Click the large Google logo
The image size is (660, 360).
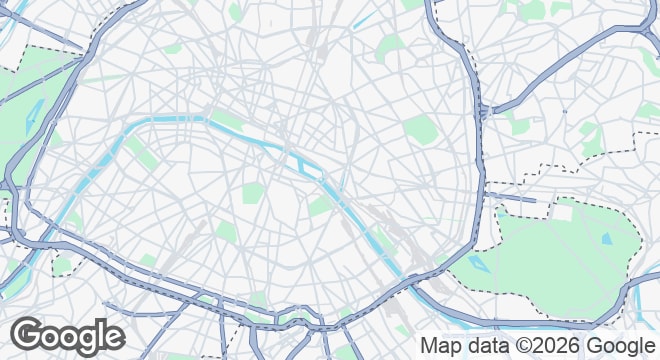[67, 336]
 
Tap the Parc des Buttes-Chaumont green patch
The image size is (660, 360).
[392, 47]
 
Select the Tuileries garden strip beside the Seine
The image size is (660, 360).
[228, 119]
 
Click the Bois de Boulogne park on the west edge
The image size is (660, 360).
[30, 100]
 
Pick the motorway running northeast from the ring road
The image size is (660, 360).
[560, 70]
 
